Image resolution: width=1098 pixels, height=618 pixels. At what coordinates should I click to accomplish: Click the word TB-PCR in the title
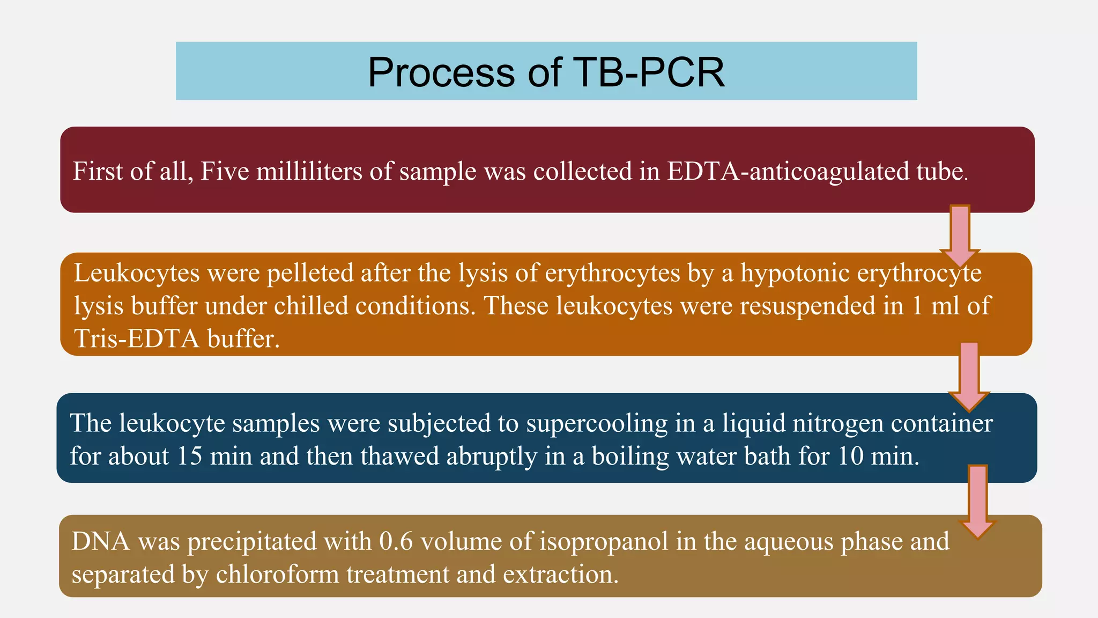click(x=649, y=72)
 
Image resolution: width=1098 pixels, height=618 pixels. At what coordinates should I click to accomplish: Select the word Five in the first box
click(x=225, y=172)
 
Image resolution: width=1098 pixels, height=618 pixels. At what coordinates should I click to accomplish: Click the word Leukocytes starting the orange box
click(x=137, y=273)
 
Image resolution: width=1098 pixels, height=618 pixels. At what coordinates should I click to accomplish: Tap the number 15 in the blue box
click(x=189, y=457)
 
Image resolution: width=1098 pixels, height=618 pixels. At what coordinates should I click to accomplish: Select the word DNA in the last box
click(x=101, y=541)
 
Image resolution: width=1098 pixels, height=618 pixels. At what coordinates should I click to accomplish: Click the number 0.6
click(x=396, y=541)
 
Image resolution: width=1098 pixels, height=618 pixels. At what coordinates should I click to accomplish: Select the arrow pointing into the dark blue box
click(x=969, y=376)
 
